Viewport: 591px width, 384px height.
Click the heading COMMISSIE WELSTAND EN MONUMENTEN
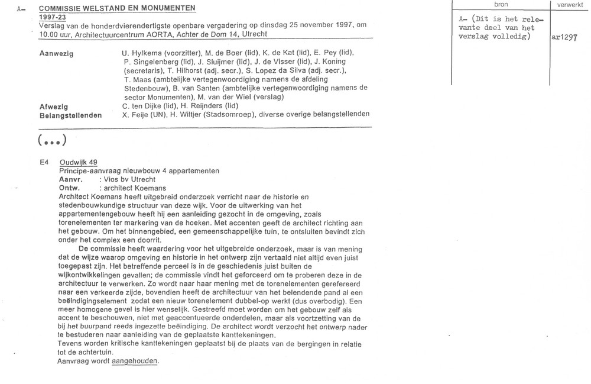click(116, 8)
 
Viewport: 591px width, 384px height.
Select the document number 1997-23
click(51, 18)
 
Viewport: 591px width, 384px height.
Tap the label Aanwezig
click(57, 53)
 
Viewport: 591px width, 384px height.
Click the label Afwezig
click(54, 106)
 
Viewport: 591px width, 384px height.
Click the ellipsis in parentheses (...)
click(51, 140)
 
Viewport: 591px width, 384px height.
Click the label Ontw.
click(69, 188)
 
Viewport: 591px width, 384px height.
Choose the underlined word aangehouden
click(135, 361)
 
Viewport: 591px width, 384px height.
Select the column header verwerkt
click(570, 4)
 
